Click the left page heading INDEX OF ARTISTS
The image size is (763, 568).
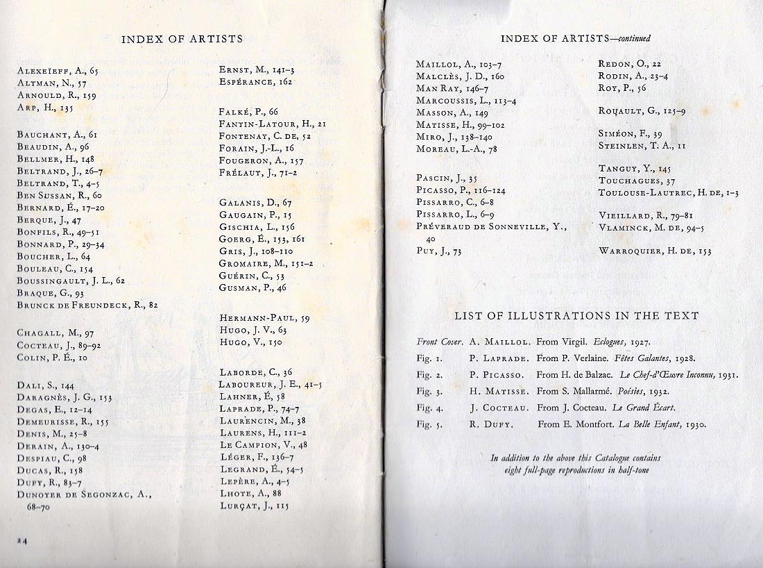182,39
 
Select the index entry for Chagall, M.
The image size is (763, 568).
55,333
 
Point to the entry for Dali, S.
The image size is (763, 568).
45,385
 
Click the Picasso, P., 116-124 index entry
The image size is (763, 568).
461,190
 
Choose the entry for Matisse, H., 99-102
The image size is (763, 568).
461,125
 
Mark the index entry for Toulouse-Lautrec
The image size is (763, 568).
668,193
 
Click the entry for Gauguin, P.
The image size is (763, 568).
255,215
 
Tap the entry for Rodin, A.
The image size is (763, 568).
633,76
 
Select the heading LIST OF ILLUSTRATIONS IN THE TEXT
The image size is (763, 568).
576,316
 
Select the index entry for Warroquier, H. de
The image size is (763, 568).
655,251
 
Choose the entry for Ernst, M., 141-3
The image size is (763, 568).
257,70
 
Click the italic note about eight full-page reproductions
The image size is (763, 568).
575,464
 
